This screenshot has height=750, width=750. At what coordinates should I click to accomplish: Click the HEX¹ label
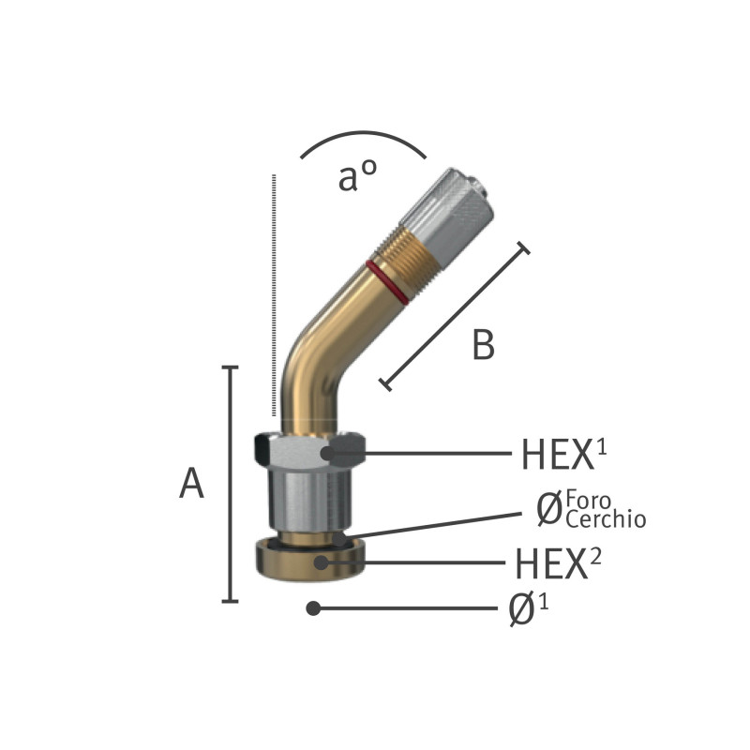point(563,454)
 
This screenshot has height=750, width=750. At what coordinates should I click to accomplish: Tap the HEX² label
point(558,563)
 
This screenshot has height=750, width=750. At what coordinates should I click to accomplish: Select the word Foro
point(589,501)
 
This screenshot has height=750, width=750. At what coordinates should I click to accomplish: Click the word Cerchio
point(606,519)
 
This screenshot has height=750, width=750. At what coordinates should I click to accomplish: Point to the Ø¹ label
point(529,607)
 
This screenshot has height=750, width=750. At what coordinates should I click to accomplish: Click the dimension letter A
point(192,484)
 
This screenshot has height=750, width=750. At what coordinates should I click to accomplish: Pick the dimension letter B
point(483,345)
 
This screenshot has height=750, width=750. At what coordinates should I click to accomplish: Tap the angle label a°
point(357,175)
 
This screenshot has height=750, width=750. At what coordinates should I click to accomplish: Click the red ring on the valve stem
point(387,282)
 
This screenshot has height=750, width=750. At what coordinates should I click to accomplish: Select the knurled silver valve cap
point(446,211)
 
